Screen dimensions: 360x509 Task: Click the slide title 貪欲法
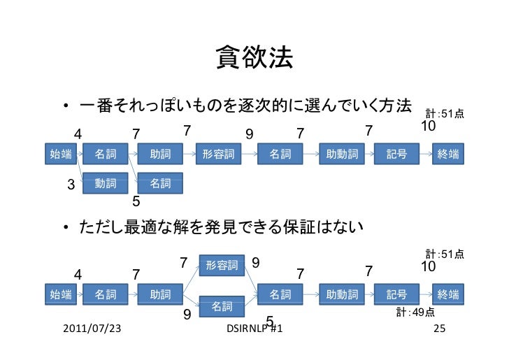click(x=254, y=58)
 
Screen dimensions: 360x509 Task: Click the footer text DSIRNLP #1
click(x=255, y=329)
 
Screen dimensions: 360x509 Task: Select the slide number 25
click(x=440, y=329)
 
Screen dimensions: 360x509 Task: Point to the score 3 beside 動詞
click(x=71, y=185)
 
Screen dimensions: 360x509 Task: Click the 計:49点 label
click(x=415, y=312)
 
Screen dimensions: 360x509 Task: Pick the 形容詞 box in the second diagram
click(x=222, y=266)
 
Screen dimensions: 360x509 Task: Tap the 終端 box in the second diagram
click(x=448, y=294)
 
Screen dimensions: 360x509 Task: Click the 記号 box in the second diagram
click(x=396, y=294)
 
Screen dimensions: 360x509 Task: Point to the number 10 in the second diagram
click(x=429, y=267)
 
